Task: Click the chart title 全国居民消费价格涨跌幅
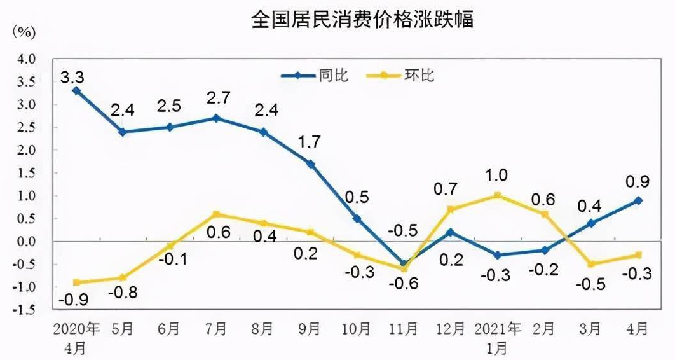(x=362, y=19)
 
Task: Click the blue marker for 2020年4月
(x=76, y=91)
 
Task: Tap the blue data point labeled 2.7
(x=217, y=118)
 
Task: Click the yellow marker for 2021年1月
(x=497, y=196)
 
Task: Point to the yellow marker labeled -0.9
(x=76, y=282)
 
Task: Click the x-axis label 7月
(x=217, y=329)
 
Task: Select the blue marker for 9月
(x=310, y=163)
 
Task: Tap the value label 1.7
(x=310, y=142)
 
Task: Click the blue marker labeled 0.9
(x=638, y=200)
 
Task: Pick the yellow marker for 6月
(x=170, y=246)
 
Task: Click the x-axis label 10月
(x=357, y=329)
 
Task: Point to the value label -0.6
(x=404, y=284)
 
